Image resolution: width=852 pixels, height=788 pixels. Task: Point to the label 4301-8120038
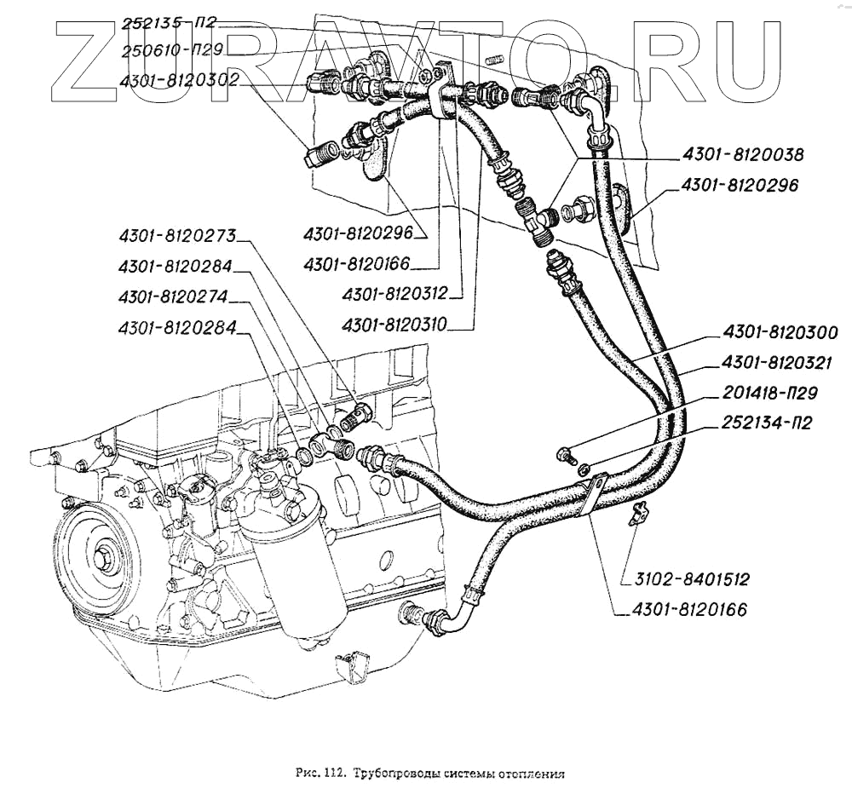742,155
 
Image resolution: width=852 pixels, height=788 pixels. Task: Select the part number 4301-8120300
780,332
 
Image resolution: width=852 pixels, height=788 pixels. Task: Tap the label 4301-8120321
780,363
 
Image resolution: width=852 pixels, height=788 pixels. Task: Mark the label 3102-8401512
691,580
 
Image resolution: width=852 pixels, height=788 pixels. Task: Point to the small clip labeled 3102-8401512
636,513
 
